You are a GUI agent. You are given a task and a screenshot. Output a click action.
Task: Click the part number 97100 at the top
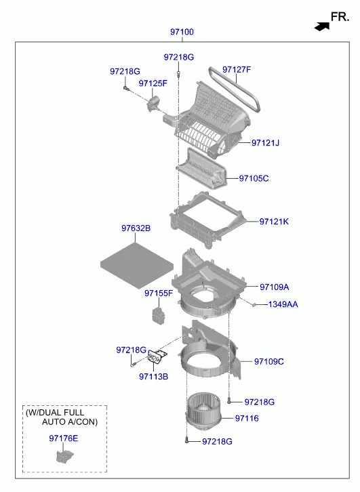[182, 32]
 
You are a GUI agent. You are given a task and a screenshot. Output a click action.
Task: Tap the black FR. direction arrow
[322, 26]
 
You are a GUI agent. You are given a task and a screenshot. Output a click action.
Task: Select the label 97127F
[237, 69]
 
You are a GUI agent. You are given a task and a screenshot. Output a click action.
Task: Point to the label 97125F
[153, 83]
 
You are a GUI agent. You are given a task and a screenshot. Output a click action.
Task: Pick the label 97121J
[265, 143]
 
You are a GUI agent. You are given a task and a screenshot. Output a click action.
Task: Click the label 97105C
[254, 178]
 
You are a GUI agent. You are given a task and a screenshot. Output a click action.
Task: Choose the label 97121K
[274, 222]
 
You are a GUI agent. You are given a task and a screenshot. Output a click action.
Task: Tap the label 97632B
[136, 228]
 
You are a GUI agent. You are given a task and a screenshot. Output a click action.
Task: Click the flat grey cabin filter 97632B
[137, 266]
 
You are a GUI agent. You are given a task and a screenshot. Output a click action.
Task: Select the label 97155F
[159, 293]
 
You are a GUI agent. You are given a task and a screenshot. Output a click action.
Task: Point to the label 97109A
[275, 287]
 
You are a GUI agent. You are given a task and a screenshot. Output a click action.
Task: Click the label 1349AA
[283, 304]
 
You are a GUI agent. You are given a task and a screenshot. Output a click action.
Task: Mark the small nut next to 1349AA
[254, 304]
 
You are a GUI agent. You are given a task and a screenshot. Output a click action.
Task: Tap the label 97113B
[153, 377]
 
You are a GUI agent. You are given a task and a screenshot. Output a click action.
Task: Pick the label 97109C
[269, 361]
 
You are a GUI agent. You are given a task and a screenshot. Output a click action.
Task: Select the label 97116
[247, 418]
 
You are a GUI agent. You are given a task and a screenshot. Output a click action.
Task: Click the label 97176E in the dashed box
[64, 438]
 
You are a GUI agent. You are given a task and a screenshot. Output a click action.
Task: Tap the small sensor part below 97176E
[64, 456]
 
